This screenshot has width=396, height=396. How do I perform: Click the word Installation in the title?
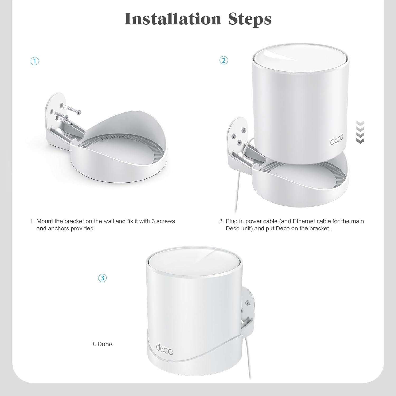tap(173, 19)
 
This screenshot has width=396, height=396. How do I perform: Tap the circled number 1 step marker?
tap(35, 61)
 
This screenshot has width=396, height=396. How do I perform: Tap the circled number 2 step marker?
tap(224, 60)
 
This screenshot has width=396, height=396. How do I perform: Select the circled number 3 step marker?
tap(102, 278)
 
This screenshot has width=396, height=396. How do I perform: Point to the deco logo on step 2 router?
tap(337, 141)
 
